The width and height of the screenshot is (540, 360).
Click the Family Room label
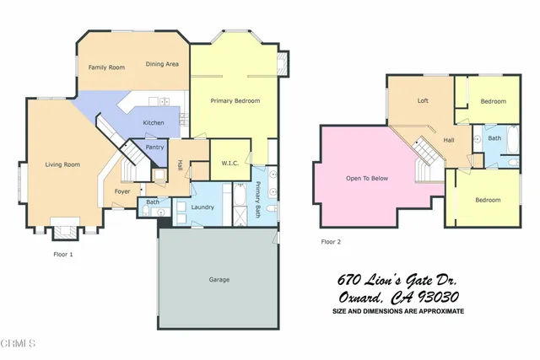click(106, 67)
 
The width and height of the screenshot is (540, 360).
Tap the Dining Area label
click(161, 64)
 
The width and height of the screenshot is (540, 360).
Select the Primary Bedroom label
click(235, 101)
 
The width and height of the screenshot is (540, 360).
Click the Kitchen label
click(153, 123)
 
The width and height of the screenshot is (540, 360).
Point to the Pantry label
click(154, 148)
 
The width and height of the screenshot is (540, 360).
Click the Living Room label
click(62, 164)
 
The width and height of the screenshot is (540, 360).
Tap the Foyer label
click(122, 191)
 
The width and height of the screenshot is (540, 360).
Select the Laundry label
click(202, 207)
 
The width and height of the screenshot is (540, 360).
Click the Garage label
click(219, 279)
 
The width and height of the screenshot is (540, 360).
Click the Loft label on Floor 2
click(423, 100)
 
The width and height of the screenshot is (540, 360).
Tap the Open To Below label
click(367, 179)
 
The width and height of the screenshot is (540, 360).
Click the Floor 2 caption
click(332, 241)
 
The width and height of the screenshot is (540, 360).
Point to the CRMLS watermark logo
click(18, 344)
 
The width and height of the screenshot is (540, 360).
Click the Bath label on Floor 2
click(494, 137)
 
